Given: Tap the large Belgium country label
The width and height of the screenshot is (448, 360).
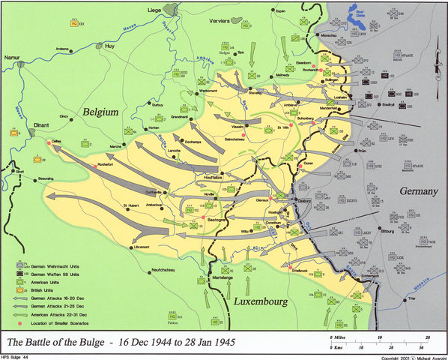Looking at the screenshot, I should (91, 112).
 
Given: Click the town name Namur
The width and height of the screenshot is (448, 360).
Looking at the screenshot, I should (13, 56).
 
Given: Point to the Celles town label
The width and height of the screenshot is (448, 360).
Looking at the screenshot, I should (57, 139).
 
